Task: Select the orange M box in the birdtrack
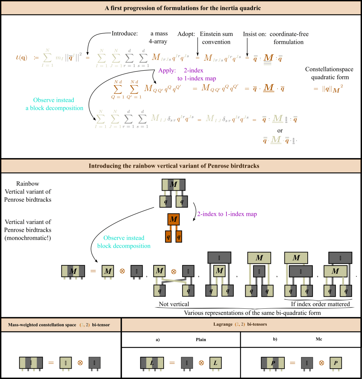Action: (x=173, y=220)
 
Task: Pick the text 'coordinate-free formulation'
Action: (x=289, y=38)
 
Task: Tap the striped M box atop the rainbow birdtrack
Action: (x=173, y=185)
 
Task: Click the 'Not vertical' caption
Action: (x=174, y=304)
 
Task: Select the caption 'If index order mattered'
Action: (x=320, y=304)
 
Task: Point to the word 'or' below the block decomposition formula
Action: (x=280, y=131)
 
